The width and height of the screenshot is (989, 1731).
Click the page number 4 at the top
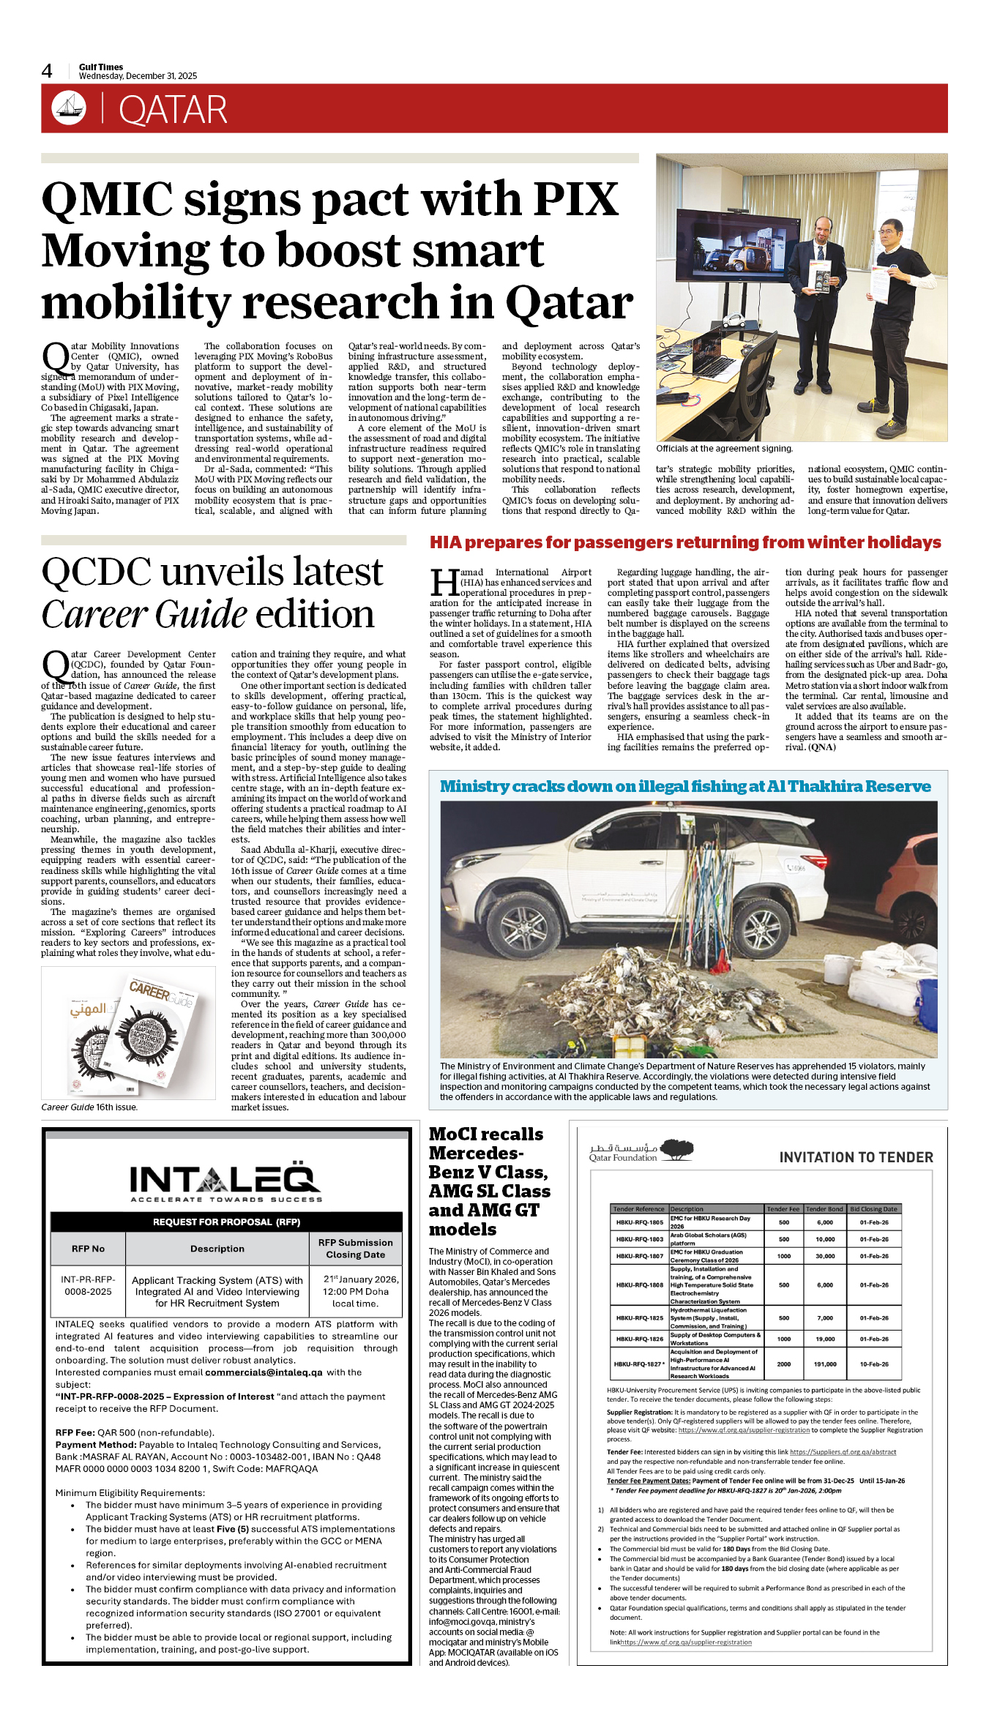(47, 71)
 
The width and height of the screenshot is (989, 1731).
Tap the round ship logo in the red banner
(69, 108)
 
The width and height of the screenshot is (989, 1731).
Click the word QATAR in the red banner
(173, 111)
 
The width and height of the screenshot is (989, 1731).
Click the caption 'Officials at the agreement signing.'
(724, 449)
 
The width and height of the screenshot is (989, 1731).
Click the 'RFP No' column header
(88, 1249)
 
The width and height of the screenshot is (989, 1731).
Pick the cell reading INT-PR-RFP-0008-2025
(88, 1285)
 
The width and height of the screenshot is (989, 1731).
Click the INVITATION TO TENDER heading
(856, 1158)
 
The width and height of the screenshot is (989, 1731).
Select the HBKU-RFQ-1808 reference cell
(639, 1285)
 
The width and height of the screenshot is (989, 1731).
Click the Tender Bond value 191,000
(825, 1364)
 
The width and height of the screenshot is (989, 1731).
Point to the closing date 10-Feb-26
(874, 1364)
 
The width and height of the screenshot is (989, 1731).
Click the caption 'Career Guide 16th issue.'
(89, 1107)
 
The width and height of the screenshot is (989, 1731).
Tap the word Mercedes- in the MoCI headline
(476, 1154)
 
